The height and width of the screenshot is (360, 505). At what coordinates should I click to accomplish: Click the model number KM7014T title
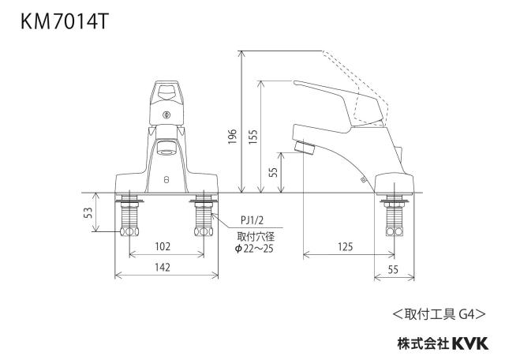coord(65,22)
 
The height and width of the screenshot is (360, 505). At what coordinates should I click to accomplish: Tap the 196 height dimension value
coord(232,137)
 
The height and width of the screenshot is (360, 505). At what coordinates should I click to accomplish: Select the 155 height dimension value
coord(253,137)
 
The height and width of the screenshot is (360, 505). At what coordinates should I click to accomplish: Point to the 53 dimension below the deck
coord(88,212)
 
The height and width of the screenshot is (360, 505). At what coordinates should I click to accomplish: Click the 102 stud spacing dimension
coord(163,246)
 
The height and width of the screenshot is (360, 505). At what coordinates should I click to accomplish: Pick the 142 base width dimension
coord(163,268)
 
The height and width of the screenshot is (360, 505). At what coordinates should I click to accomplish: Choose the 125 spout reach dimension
coord(346,247)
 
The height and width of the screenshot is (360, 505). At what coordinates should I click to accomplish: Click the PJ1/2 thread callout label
coord(252,220)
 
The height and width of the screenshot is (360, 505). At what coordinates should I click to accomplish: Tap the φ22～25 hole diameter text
coord(254,249)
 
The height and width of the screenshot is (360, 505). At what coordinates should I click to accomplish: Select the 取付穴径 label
coord(256,237)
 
